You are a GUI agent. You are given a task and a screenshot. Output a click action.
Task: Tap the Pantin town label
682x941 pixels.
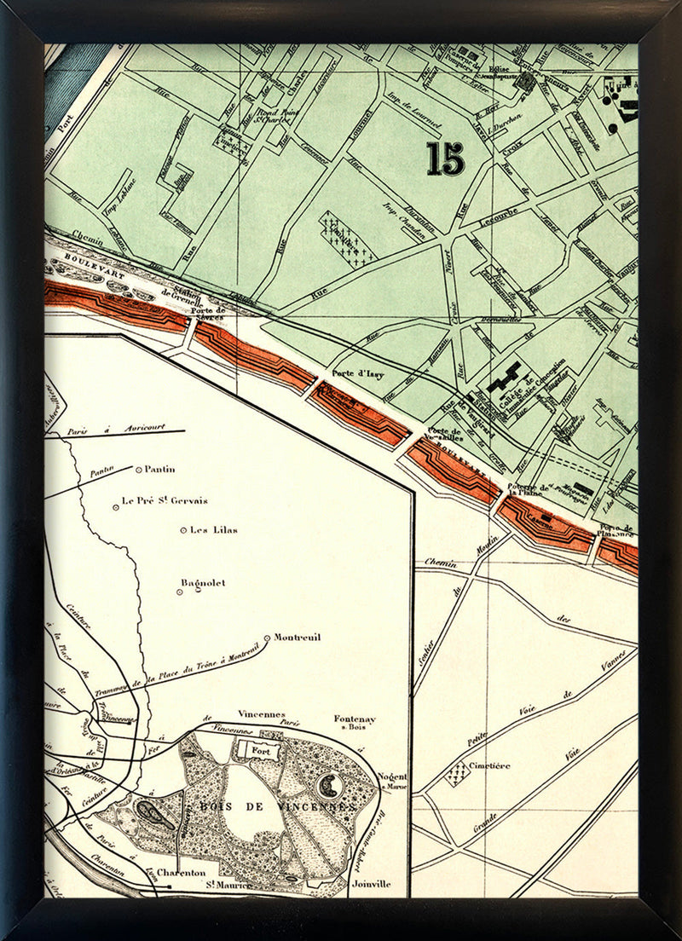coord(160,469)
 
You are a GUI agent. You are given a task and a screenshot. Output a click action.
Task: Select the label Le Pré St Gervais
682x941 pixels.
coord(165,501)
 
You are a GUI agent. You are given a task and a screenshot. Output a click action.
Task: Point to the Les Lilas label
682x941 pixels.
coord(213,530)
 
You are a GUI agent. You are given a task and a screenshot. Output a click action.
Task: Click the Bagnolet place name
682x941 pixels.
coord(203,583)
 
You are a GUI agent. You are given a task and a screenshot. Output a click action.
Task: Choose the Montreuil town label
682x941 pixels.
coord(298,638)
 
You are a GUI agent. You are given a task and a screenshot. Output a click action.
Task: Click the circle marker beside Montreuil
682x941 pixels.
coord(268,638)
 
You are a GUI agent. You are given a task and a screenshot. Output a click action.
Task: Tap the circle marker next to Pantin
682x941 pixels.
coord(138,469)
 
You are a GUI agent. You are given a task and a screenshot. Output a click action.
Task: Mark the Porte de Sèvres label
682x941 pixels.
coord(209,315)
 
